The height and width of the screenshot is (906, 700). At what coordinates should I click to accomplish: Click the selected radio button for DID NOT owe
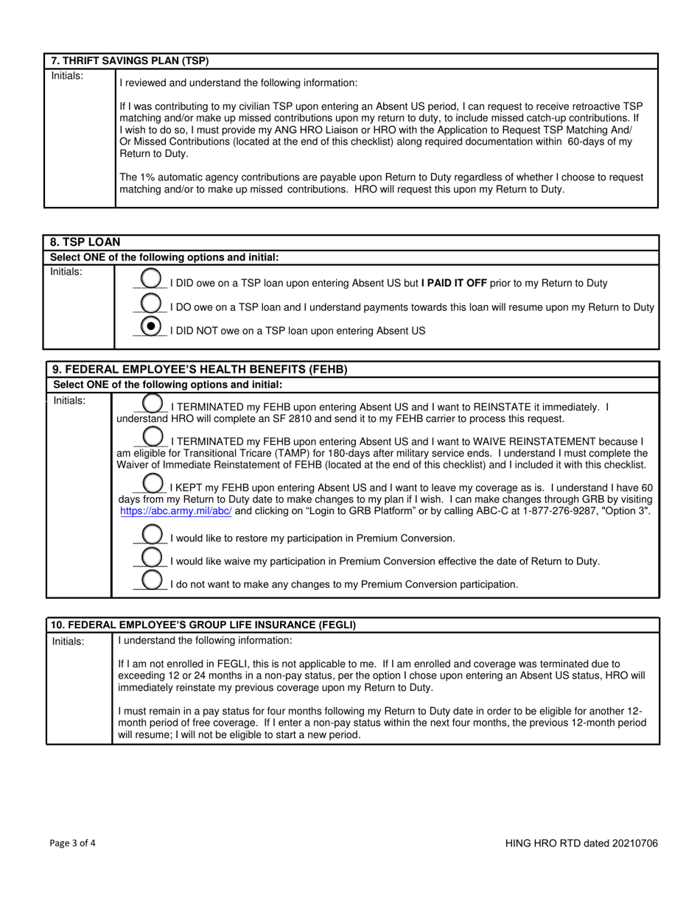151,326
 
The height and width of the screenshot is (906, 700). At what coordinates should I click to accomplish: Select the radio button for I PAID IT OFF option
151,278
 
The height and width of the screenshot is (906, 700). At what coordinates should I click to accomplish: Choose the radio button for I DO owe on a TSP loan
151,303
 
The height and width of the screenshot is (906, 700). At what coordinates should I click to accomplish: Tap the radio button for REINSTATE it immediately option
153,403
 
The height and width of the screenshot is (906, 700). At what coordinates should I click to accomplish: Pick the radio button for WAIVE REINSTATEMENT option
153,437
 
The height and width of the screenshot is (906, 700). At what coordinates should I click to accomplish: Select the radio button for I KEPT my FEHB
153,483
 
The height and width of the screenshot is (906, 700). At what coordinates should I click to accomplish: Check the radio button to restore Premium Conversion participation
152,534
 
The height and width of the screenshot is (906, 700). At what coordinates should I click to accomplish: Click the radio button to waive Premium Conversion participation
152,557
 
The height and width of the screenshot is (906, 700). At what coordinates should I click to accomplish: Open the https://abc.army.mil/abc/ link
175,510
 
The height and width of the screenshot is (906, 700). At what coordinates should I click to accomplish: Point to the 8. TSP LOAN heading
85,242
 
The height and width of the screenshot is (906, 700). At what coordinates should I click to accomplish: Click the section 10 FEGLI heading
203,625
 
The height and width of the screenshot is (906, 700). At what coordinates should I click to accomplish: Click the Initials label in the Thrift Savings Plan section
67,75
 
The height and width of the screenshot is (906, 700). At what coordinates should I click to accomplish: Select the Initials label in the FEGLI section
68,642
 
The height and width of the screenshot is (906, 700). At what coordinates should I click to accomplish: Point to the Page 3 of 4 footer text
73,843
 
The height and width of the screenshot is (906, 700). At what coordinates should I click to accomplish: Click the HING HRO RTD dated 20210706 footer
581,843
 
